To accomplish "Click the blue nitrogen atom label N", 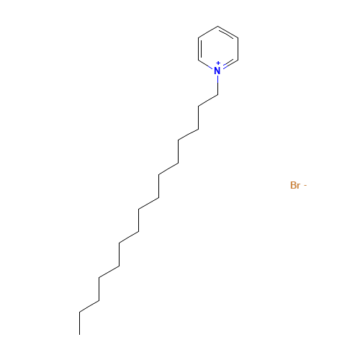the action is (217, 71).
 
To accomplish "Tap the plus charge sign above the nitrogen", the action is (218, 63).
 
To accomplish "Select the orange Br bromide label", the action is (295, 185).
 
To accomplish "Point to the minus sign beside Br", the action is (305, 185).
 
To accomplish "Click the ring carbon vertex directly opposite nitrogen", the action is (218, 26).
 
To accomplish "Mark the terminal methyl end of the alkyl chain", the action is (79, 334).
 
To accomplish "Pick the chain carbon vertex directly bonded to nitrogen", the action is (217, 95).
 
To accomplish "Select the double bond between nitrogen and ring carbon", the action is (230, 64).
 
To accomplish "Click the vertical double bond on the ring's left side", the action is (199, 49).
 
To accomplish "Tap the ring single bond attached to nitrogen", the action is (206, 64).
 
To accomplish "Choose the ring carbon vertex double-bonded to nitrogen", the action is (238, 60).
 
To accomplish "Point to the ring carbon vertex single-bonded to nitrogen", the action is (198, 60).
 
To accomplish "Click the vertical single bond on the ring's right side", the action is (238, 49).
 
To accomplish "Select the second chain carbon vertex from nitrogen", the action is (198, 106).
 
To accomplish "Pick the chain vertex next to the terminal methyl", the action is (79, 312).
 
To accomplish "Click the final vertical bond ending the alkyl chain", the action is (79, 323).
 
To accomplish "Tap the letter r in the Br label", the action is (299, 186).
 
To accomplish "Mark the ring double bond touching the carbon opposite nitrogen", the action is (228, 33).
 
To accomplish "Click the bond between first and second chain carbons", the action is (208, 101).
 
